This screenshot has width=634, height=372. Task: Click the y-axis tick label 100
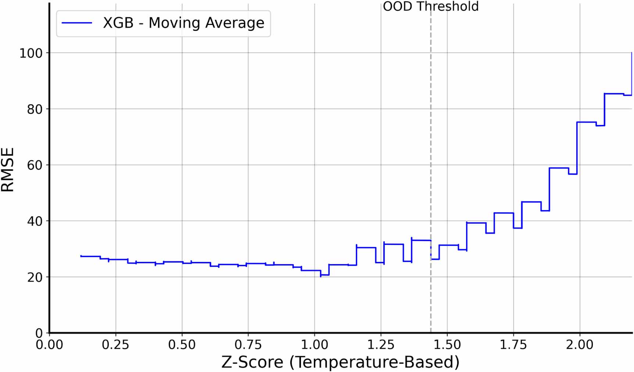point(31,53)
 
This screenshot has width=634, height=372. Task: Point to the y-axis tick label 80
point(35,109)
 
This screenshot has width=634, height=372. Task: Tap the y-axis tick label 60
point(35,166)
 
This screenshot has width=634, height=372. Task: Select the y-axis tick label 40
point(35,221)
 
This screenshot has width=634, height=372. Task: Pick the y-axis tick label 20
point(35,278)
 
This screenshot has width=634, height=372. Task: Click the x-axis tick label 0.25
point(115,345)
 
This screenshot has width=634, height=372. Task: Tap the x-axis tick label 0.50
point(182,345)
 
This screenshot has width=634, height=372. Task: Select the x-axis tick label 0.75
point(248,345)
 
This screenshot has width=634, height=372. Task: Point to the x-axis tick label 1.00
point(315,345)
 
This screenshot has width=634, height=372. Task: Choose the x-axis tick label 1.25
point(381,345)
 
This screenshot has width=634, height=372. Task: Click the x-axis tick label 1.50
point(447,345)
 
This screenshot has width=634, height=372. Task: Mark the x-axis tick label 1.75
point(513,345)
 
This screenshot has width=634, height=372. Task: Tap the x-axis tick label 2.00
point(580,345)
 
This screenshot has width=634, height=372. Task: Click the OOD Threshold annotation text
point(430,7)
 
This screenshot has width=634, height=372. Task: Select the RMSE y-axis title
point(8,170)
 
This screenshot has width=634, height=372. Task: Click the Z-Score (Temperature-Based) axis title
point(340,362)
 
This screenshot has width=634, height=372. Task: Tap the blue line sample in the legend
point(77,23)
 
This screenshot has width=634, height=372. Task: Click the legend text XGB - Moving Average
point(183,23)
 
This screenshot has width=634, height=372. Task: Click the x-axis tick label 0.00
point(49,345)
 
